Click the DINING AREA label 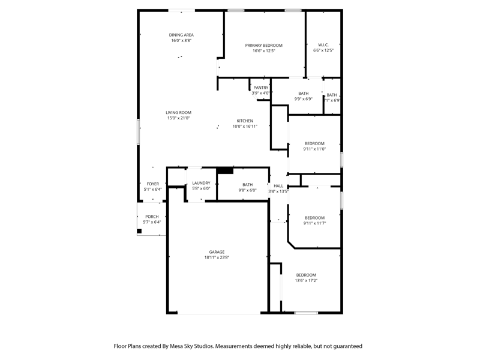point(181,35)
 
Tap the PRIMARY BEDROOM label point(263,46)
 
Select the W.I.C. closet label point(323,44)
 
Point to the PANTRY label point(261,88)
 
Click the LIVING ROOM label point(178,112)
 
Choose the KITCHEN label point(245,121)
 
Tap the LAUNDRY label point(201,183)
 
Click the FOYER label point(153,184)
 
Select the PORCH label point(152,217)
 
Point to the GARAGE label point(217,252)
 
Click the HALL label point(278,186)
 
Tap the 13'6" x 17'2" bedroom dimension point(306,280)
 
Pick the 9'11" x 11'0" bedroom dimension point(314,149)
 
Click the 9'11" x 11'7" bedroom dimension point(314,223)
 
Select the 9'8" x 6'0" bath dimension point(248,190)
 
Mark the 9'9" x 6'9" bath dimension point(304,99)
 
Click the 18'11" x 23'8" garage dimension point(217,257)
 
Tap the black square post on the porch point(139,231)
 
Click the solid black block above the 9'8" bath point(225,170)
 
